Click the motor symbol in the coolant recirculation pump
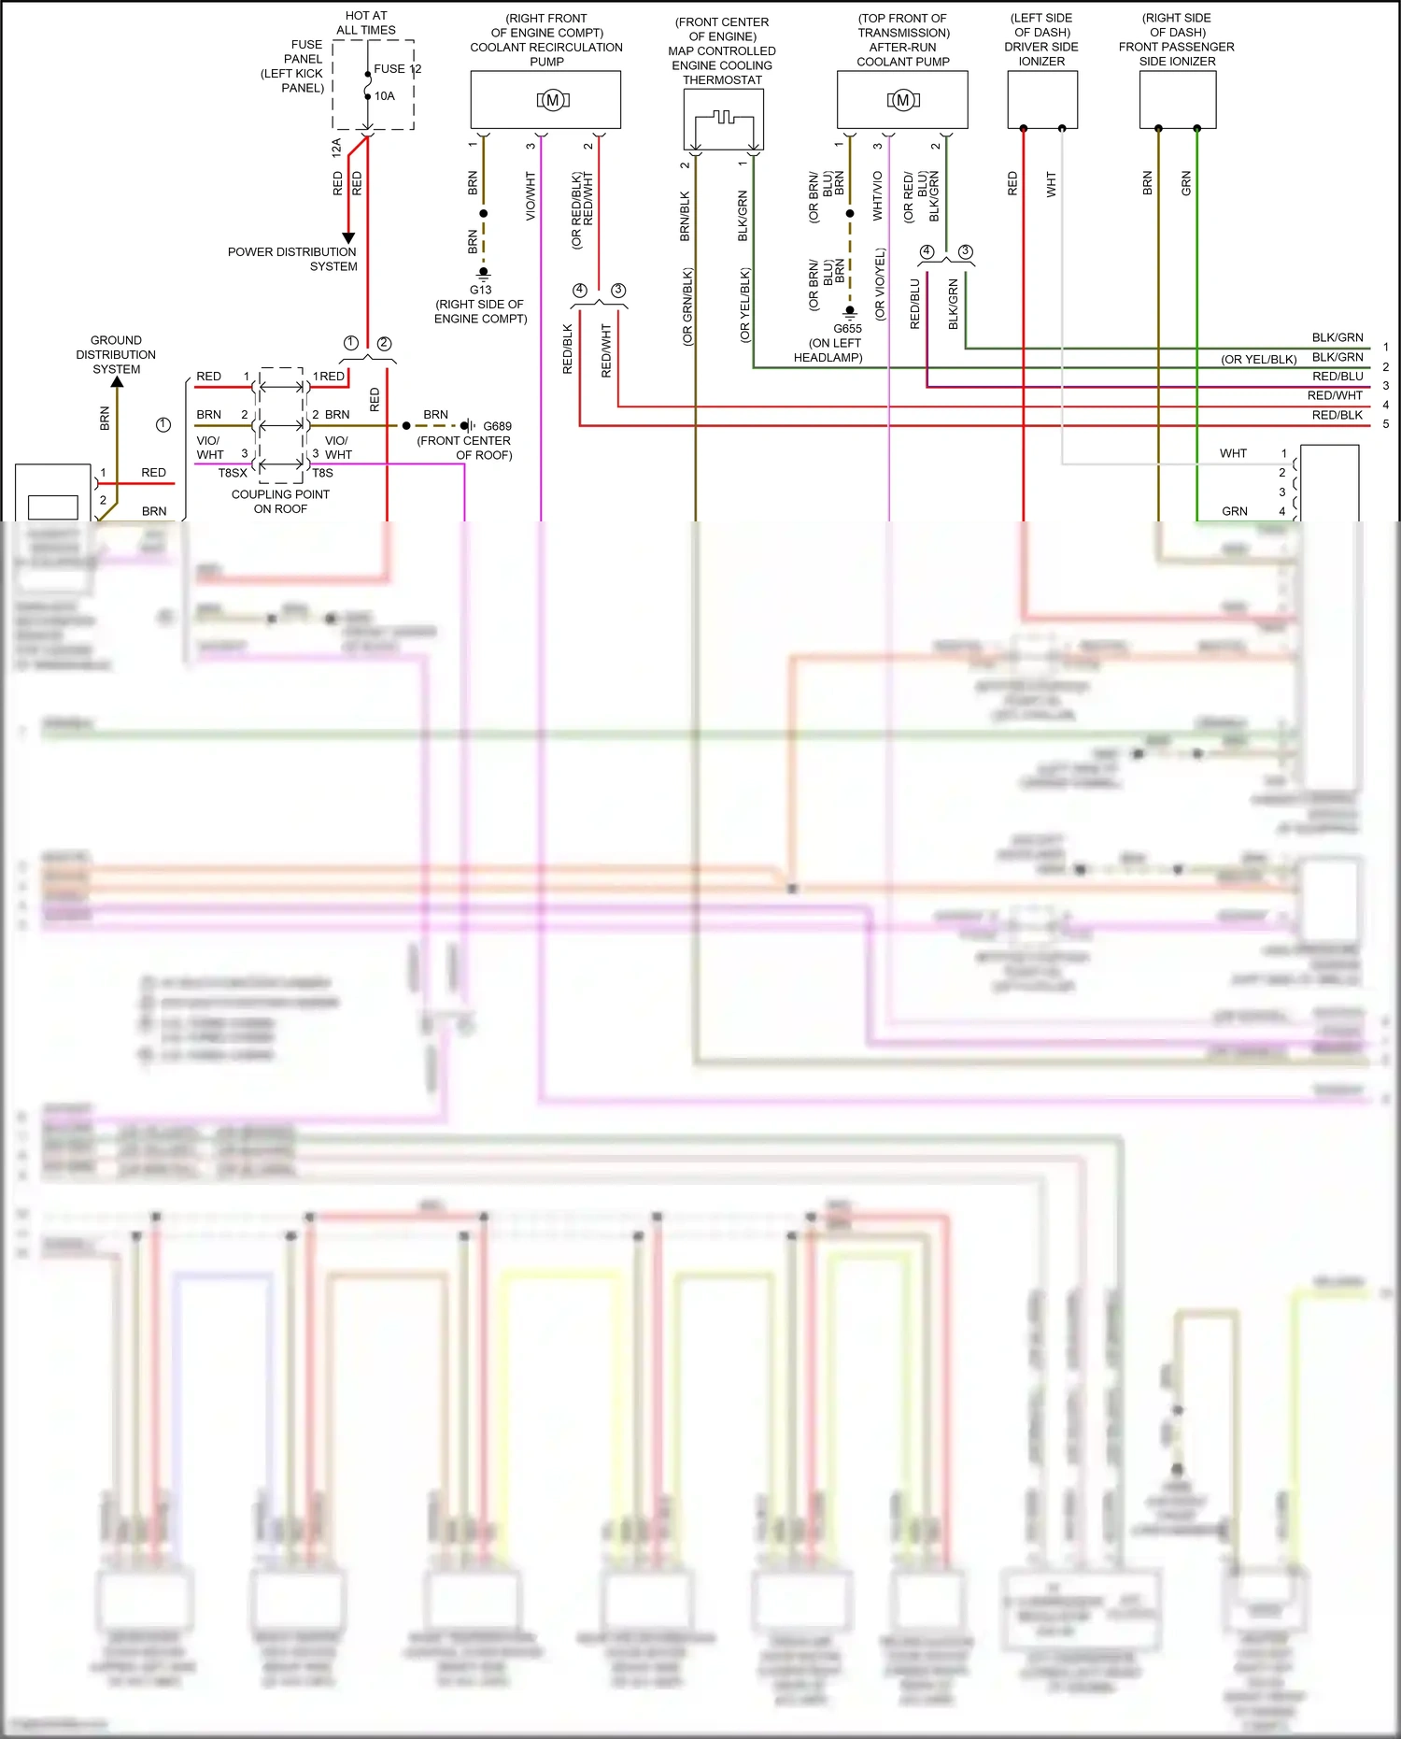coord(553,100)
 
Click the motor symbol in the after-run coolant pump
coord(903,100)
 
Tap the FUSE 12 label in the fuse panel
coord(397,69)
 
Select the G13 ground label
coord(480,290)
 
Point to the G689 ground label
coord(497,426)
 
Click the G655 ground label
coord(847,329)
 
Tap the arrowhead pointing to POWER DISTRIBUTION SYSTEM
coord(348,238)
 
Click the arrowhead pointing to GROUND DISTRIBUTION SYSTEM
coord(117,381)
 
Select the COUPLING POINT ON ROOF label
coord(280,502)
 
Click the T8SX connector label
coord(233,473)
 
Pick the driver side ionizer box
coord(1042,99)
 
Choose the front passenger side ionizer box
coord(1177,99)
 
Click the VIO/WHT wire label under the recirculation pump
coord(531,195)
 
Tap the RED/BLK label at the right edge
coord(1337,415)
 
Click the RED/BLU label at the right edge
coord(1337,377)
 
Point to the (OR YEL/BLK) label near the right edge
coord(1258,359)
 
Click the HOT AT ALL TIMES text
coord(366,22)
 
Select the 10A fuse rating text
coord(385,95)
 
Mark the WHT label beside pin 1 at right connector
coord(1233,453)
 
